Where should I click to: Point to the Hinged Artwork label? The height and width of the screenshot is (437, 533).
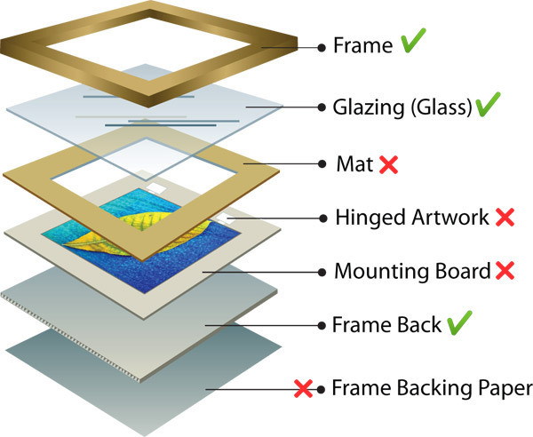pos(413,217)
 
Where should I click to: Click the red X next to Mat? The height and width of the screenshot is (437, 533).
pos(388,164)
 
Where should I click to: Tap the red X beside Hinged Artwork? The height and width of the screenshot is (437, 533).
pos(505,217)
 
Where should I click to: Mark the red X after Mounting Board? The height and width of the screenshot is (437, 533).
pos(504,271)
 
